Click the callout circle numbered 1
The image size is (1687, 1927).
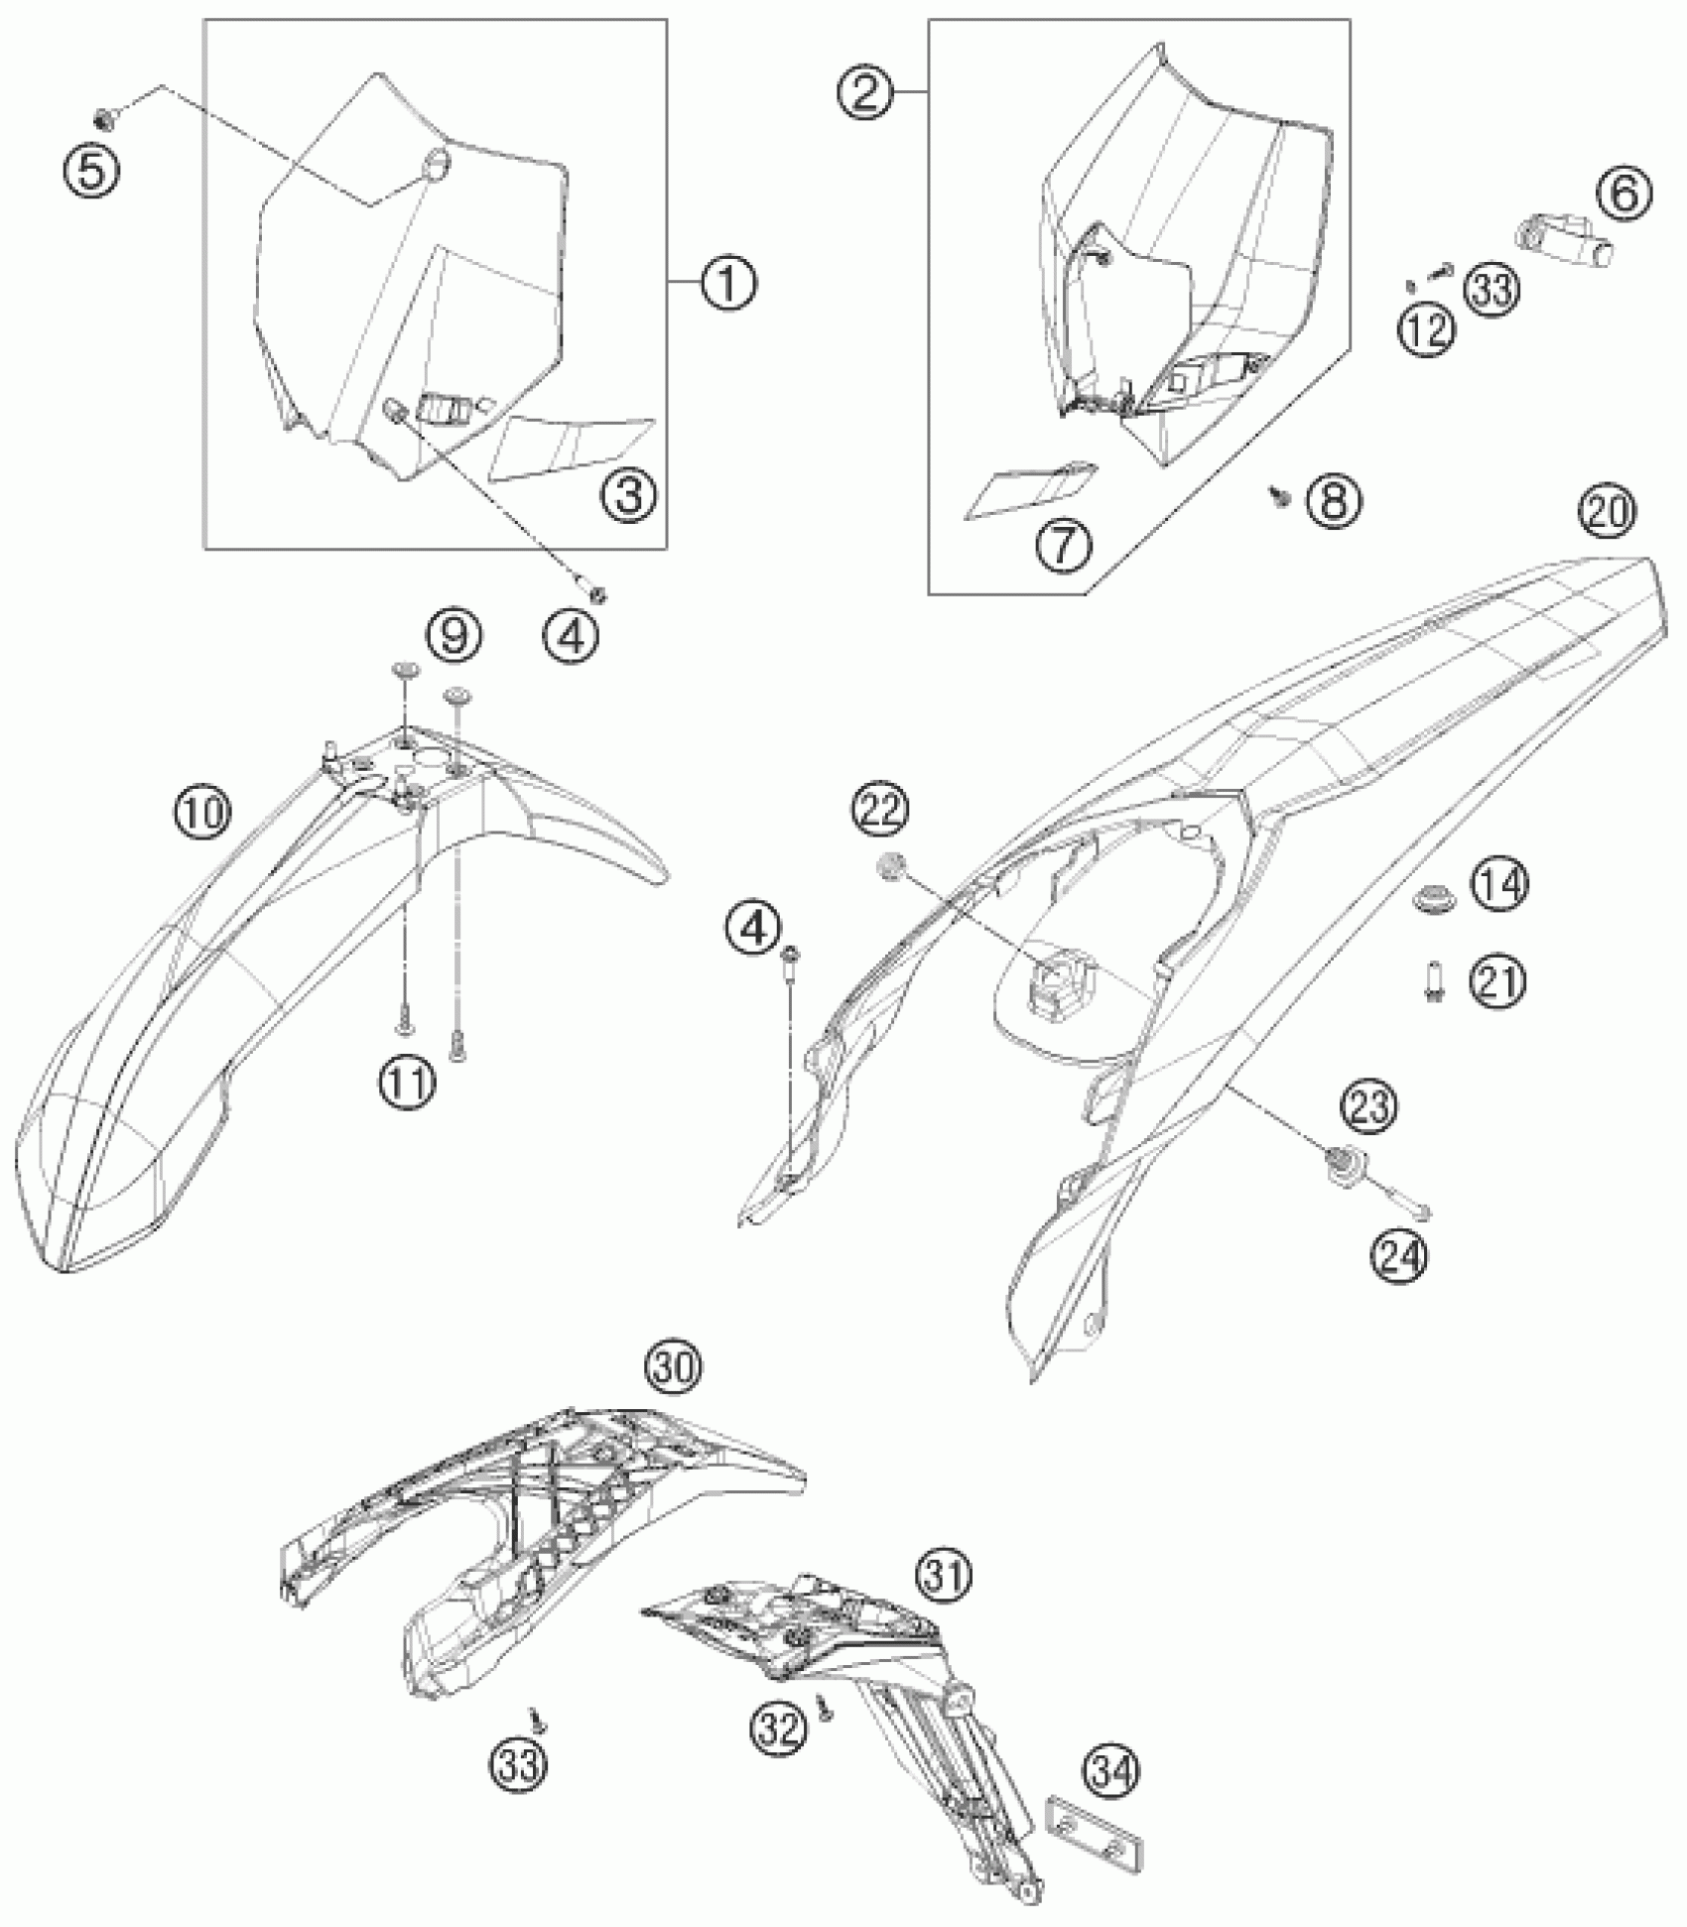pyautogui.click(x=728, y=284)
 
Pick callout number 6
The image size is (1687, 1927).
pyautogui.click(x=1624, y=193)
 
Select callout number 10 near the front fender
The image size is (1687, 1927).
pyautogui.click(x=203, y=812)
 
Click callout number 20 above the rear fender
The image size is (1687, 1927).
pyautogui.click(x=1607, y=512)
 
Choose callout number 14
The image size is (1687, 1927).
pyautogui.click(x=1499, y=884)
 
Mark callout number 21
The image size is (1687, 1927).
pyautogui.click(x=1498, y=981)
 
